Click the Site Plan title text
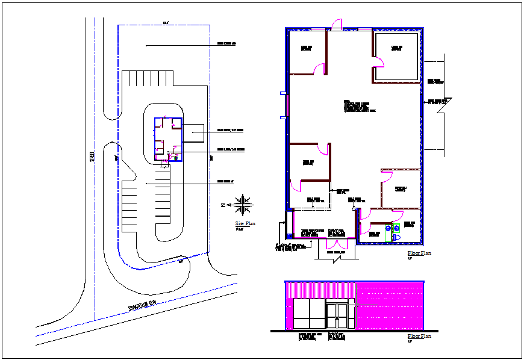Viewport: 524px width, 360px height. (x=245, y=223)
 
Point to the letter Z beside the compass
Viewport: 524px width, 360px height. (x=223, y=205)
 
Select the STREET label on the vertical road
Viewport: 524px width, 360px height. (x=92, y=155)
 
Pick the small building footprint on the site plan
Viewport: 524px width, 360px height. (x=169, y=139)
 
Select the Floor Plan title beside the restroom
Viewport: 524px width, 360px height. (x=419, y=253)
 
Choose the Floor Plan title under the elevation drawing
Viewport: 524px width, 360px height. (x=419, y=336)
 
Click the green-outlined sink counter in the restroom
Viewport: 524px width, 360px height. (x=396, y=228)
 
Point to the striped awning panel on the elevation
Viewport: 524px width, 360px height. (x=319, y=290)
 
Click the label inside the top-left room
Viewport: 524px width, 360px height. (x=307, y=48)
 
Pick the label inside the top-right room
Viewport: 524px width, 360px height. (x=396, y=48)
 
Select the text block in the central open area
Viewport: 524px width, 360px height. (x=360, y=107)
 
